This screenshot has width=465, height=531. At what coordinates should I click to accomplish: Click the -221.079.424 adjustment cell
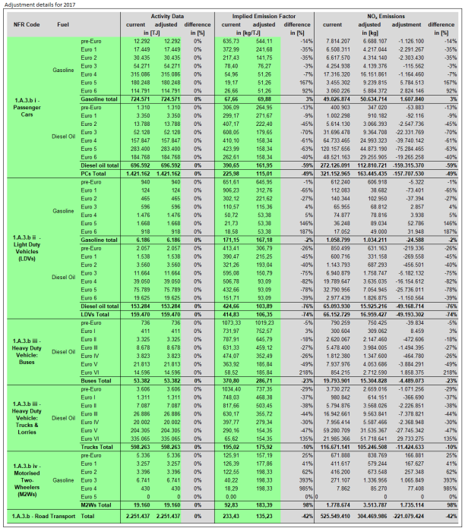pyautogui.click(x=408, y=518)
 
